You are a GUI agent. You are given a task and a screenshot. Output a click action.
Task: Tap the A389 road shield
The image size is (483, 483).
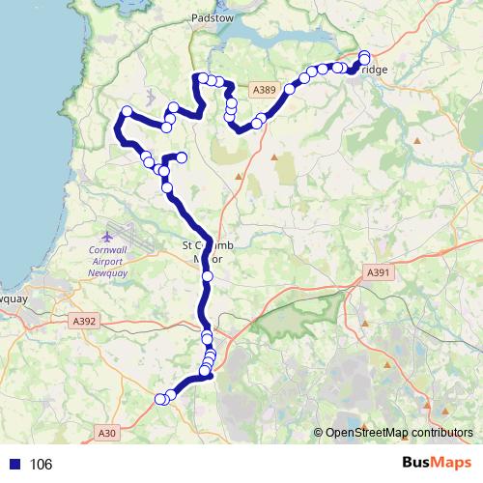pyautogui.click(x=264, y=90)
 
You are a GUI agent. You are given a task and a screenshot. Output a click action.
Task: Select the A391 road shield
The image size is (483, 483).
pyautogui.click(x=378, y=273)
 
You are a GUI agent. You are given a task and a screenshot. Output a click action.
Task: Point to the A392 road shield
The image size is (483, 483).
pyautogui.click(x=84, y=320)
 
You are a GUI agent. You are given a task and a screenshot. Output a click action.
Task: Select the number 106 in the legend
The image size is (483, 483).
pyautogui.click(x=41, y=465)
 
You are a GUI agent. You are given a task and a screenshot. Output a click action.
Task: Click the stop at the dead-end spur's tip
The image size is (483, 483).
pyautogui.click(x=181, y=157)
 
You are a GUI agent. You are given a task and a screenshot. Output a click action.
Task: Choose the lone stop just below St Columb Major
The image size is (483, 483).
pyautogui.click(x=208, y=277)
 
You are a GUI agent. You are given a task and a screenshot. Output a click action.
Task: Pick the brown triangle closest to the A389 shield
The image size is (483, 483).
pyautogui.click(x=274, y=156)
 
